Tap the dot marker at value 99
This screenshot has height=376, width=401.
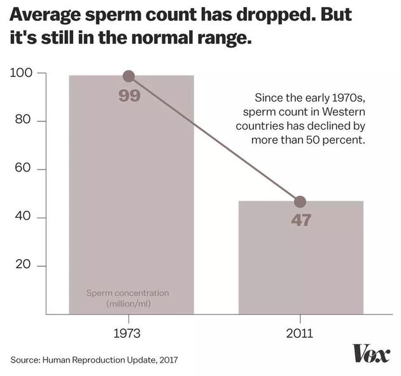pyautogui.click(x=129, y=76)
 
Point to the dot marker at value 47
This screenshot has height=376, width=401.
pyautogui.click(x=300, y=202)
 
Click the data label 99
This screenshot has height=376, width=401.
pyautogui.click(x=129, y=97)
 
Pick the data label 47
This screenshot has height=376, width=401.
pyautogui.click(x=301, y=221)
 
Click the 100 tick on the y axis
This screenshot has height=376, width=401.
pyautogui.click(x=23, y=74)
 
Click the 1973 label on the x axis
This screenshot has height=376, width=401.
pyautogui.click(x=130, y=333)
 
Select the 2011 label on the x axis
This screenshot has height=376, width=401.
pyautogui.click(x=300, y=333)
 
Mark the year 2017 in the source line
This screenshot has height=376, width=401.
pyautogui.click(x=167, y=359)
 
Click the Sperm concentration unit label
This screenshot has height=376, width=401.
pyautogui.click(x=127, y=299)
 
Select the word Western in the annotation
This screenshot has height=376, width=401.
pyautogui.click(x=345, y=112)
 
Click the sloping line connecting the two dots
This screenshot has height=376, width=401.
pyautogui.click(x=215, y=139)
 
